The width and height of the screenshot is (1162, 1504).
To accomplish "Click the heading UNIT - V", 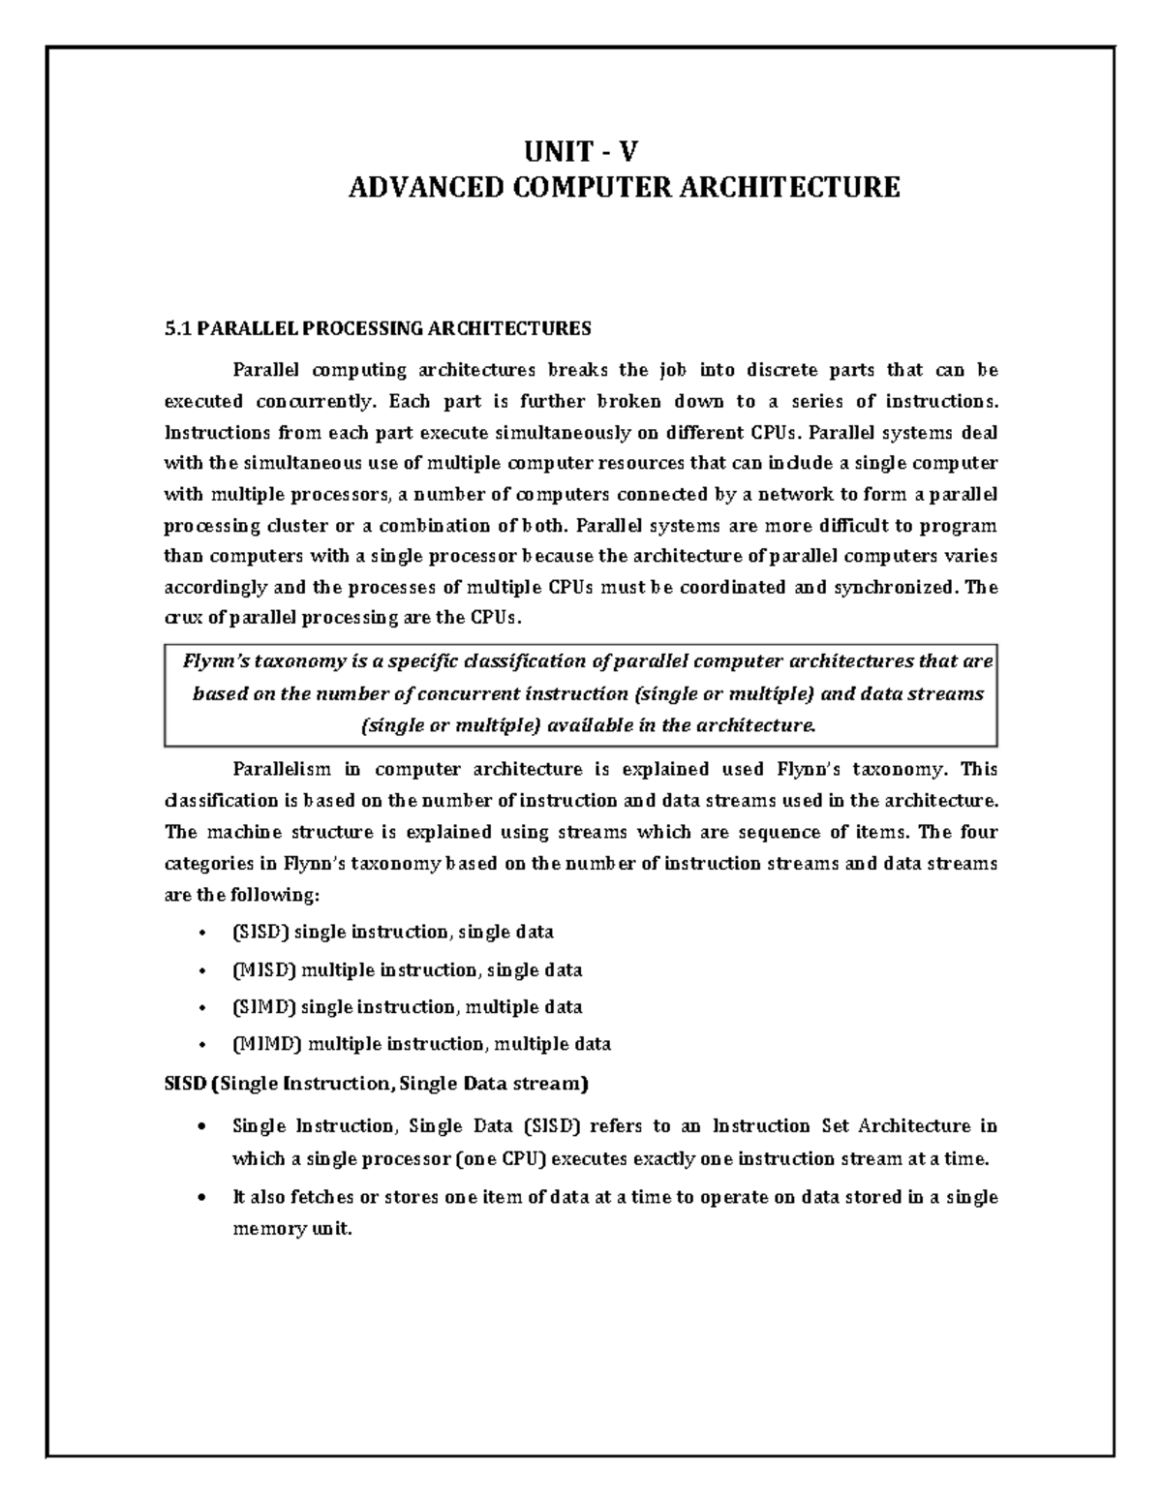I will coord(582,152).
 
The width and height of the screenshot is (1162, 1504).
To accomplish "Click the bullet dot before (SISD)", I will coord(200,934).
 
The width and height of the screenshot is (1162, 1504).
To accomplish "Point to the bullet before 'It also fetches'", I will coord(200,1198).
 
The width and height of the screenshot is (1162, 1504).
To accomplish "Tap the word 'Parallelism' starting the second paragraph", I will coord(280,770).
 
